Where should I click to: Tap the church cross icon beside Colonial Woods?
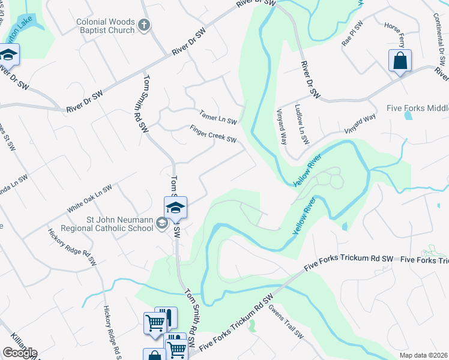143,25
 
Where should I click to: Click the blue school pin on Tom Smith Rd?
175,208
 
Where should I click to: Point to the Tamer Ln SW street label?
218,117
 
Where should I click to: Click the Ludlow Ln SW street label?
302,125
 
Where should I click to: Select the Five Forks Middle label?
417,109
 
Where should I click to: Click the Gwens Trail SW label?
286,322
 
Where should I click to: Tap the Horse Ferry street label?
396,36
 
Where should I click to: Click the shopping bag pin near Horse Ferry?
400,61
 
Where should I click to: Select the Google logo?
20,353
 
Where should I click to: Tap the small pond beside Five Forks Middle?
409,116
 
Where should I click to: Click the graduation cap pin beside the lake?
8,55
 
